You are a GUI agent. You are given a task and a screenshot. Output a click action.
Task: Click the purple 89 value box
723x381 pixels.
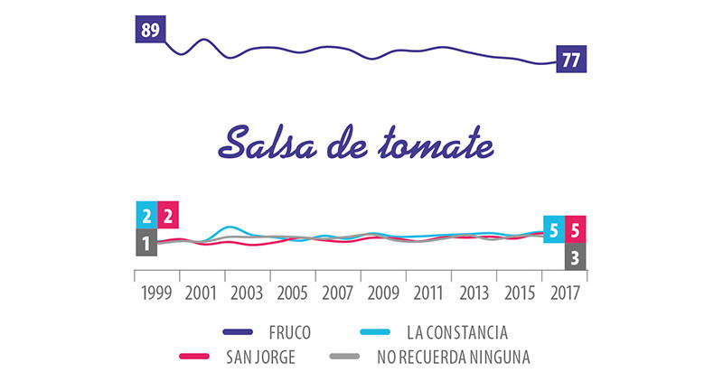tap(150, 30)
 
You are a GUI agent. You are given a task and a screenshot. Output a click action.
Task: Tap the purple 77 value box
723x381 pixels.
tap(572, 61)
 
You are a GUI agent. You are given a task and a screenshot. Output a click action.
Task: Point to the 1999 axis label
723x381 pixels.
tap(156, 293)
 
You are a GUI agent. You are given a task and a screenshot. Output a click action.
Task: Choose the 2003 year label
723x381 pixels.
tap(247, 293)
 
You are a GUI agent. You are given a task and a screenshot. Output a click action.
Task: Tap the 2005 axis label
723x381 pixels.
tap(292, 293)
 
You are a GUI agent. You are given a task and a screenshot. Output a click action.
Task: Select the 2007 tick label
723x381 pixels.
tap(337, 293)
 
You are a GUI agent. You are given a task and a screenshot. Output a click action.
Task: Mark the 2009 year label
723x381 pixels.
tap(382, 293)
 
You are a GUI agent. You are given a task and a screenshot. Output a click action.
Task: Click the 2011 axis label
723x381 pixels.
tap(427, 293)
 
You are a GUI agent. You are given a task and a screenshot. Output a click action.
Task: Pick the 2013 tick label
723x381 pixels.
tap(473, 293)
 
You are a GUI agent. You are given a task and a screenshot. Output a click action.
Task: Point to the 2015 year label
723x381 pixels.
tap(518, 293)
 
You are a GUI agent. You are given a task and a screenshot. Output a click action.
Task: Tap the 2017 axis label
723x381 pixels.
tap(563, 293)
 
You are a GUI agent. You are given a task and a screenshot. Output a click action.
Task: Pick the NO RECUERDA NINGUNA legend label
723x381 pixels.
tap(454, 358)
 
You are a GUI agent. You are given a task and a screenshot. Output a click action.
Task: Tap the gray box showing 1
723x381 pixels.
tap(146, 242)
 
